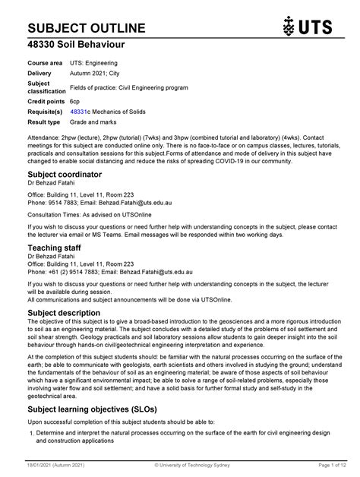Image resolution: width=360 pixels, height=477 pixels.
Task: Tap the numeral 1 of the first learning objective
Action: point(30,434)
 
